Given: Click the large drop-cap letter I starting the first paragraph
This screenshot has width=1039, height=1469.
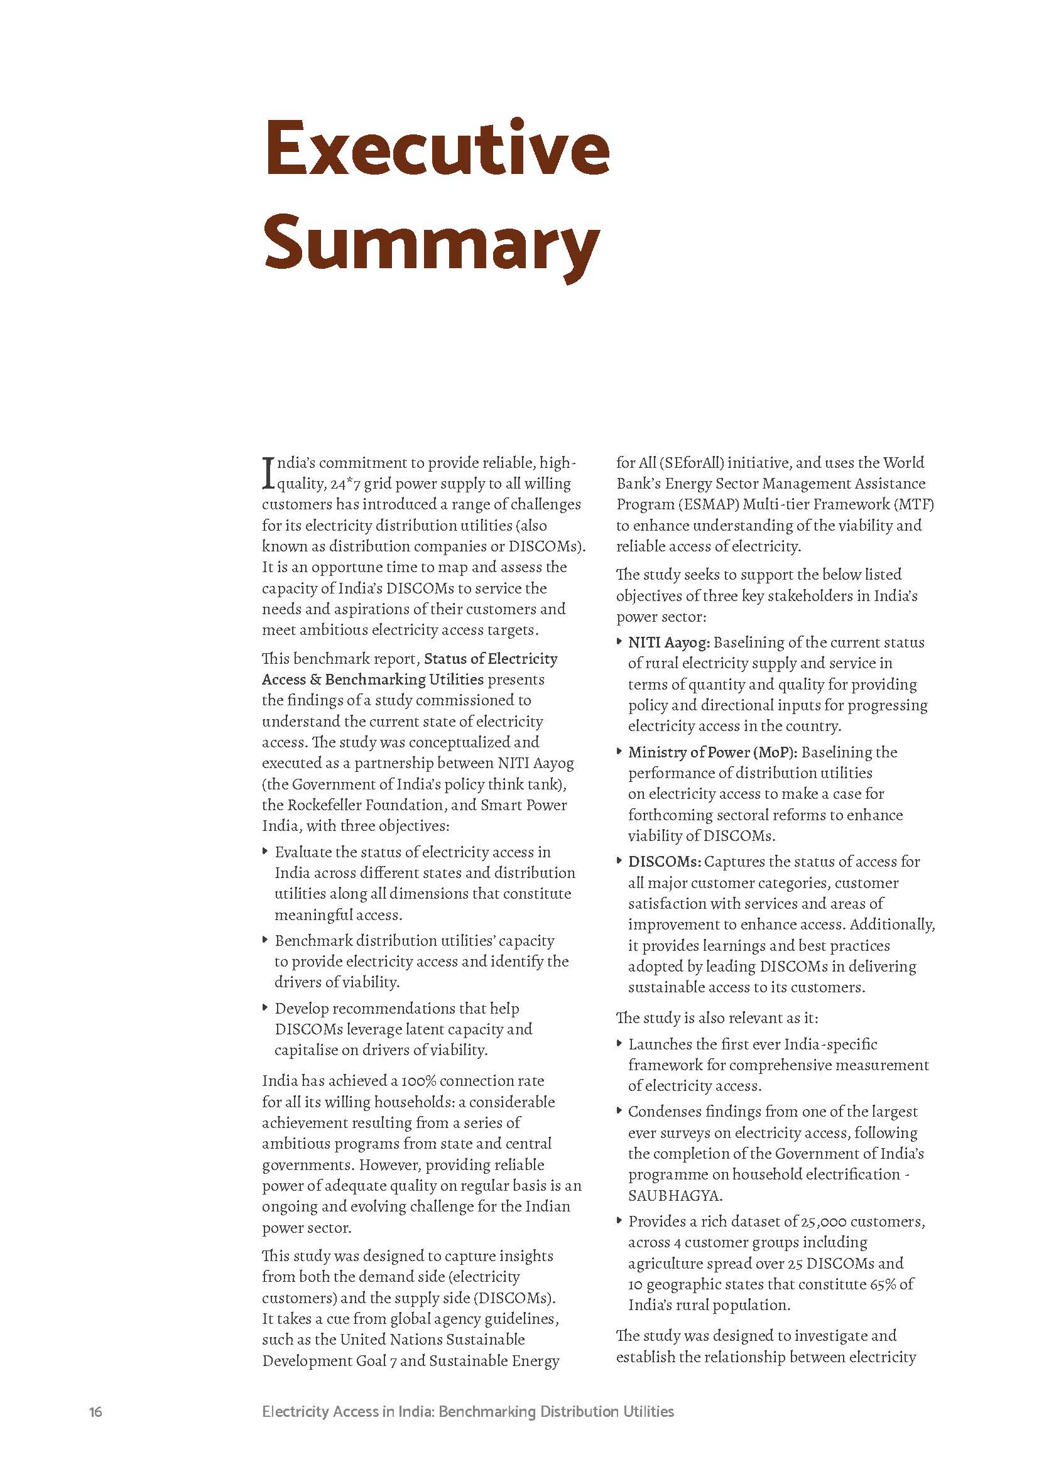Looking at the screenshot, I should [x=268, y=471].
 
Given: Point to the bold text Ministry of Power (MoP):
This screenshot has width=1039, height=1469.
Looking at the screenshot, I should [x=708, y=752].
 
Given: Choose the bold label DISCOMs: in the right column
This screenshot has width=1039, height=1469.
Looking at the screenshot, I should [x=665, y=861].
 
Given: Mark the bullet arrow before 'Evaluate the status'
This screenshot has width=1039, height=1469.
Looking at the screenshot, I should [x=266, y=852].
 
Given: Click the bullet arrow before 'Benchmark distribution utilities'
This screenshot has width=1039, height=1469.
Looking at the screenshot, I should [x=266, y=940].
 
